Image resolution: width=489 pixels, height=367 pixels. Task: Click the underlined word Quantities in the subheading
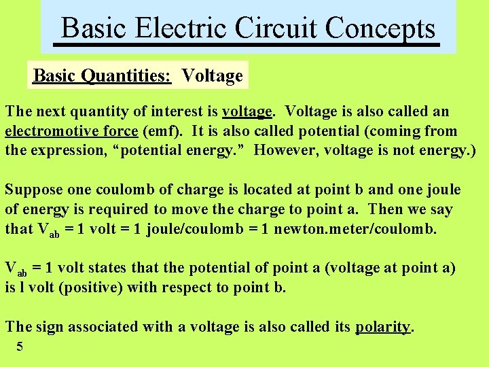(x=128, y=75)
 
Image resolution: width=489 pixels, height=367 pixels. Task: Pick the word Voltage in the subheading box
(x=213, y=75)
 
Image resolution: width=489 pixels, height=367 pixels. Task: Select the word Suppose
(x=33, y=190)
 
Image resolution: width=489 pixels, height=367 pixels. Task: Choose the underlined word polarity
(x=383, y=327)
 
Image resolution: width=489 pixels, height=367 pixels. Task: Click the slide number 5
(x=20, y=347)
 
